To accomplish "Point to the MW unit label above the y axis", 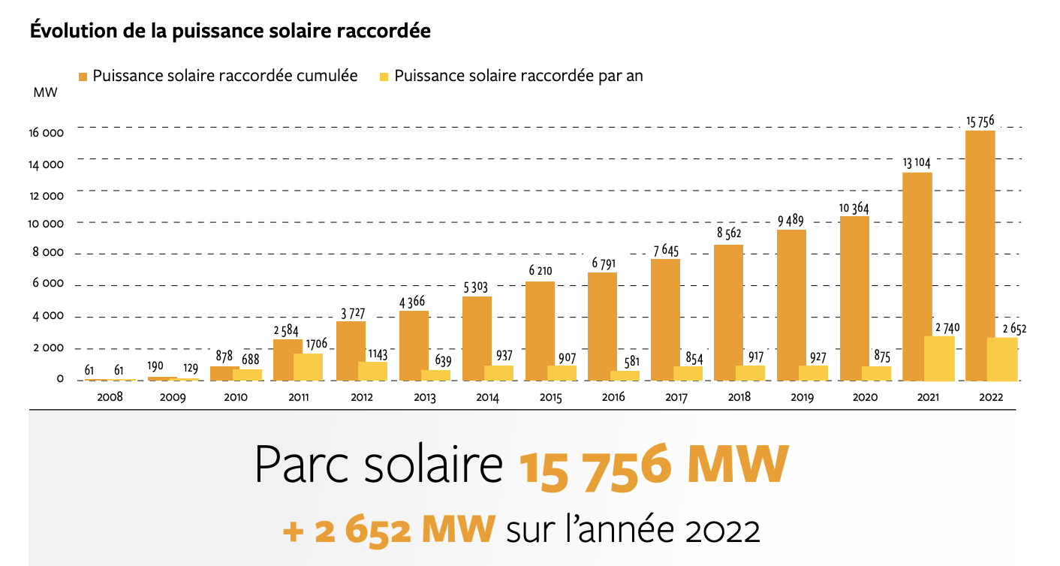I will click(x=43, y=92).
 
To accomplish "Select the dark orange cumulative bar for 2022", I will click(x=980, y=255).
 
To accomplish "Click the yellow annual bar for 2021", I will click(x=939, y=358).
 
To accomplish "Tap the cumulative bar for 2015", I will click(x=540, y=330).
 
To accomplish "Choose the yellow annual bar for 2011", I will click(x=309, y=367).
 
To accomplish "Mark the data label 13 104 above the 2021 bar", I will click(x=917, y=162).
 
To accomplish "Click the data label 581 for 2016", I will click(x=631, y=362).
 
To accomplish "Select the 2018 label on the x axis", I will click(x=739, y=398).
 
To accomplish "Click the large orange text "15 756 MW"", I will click(x=653, y=467).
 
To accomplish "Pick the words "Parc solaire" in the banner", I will click(x=379, y=465).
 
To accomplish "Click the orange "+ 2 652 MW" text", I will click(x=389, y=529).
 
